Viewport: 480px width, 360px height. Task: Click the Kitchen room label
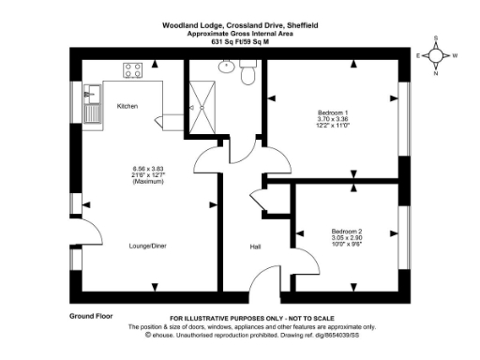click(127, 107)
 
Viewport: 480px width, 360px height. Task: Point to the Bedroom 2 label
click(346, 231)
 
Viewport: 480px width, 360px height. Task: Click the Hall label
click(255, 247)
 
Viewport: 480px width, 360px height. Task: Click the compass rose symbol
click(436, 55)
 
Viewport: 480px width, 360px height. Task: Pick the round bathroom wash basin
click(226, 67)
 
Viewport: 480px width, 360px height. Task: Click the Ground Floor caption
click(91, 316)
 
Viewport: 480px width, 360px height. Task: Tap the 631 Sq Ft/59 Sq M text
click(240, 40)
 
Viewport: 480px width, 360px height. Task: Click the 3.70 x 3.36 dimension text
click(334, 120)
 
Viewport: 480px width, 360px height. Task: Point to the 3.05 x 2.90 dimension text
click(346, 238)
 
